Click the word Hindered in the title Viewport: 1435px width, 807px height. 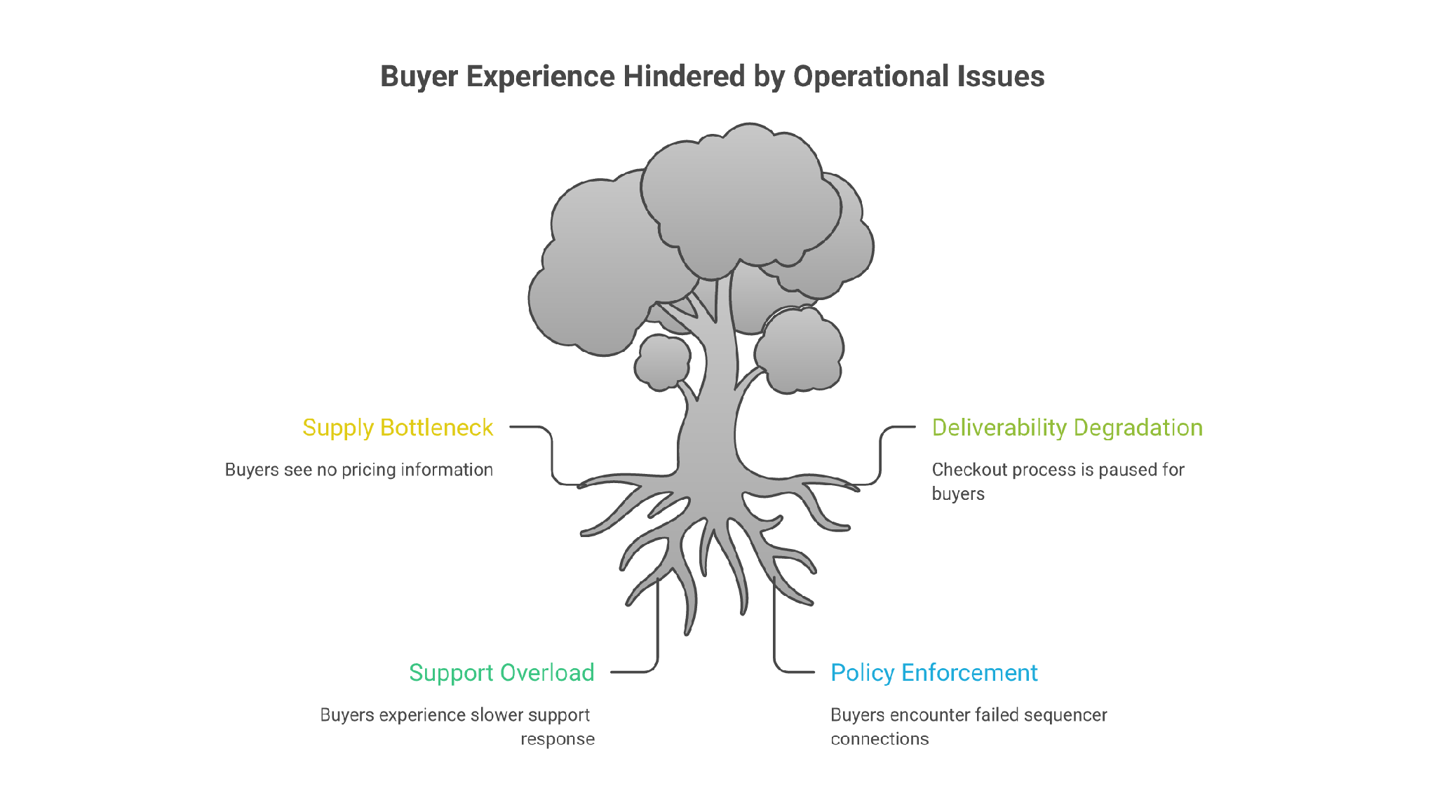[x=684, y=76]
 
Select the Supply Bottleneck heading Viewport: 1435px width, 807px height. [x=398, y=428]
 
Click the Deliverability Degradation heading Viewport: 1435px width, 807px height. [x=1067, y=428]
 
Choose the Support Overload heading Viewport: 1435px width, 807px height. [x=502, y=673]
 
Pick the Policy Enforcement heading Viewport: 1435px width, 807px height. [x=934, y=673]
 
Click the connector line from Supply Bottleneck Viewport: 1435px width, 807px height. [x=551, y=455]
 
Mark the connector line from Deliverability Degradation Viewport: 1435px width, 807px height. [x=881, y=455]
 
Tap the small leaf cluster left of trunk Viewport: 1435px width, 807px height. [x=662, y=362]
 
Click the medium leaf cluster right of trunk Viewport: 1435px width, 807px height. [x=800, y=351]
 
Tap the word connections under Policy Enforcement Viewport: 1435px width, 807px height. [x=880, y=739]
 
